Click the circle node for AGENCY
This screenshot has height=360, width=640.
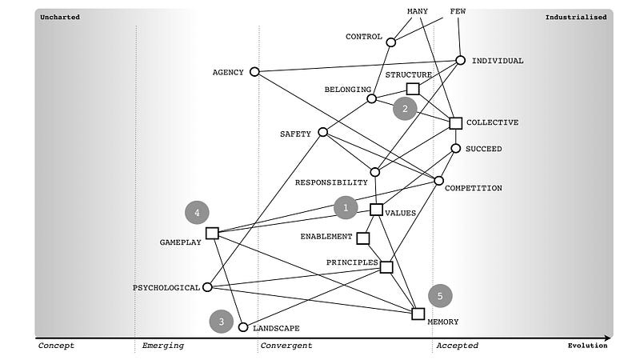point(254,72)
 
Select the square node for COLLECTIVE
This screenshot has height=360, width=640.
point(455,122)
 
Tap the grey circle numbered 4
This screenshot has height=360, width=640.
point(197,213)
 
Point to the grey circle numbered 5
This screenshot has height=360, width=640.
point(440,295)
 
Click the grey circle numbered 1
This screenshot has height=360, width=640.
point(346,207)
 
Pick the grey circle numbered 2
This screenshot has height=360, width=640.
point(405,109)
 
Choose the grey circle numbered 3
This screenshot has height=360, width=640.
point(222,322)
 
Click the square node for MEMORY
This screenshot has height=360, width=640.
point(418,314)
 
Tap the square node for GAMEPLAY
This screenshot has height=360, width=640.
point(212,233)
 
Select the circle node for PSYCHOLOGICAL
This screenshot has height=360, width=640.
point(207,287)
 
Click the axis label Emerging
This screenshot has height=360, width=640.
point(163,346)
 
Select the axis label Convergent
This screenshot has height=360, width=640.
point(286,346)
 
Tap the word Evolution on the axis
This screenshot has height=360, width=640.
point(587,346)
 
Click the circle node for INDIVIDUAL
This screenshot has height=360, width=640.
point(460,60)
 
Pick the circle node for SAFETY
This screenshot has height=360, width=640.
point(322,132)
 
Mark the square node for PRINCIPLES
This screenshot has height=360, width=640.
point(386,266)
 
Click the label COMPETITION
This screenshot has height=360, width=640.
point(473,189)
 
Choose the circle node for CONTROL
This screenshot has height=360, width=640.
point(390,42)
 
